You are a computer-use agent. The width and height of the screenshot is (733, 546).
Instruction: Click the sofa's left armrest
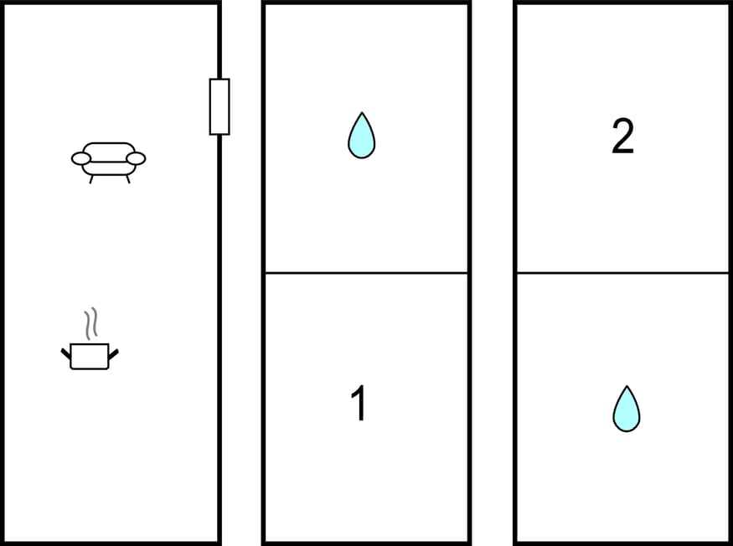click(x=81, y=159)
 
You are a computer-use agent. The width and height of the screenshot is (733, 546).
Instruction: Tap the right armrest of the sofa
click(x=136, y=159)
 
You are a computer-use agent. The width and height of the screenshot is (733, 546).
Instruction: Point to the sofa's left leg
click(x=91, y=179)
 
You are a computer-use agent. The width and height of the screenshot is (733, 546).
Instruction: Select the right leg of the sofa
click(x=128, y=179)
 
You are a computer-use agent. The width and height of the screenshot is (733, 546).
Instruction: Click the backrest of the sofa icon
click(x=109, y=147)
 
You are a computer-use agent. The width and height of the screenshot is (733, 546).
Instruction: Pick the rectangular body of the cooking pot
click(x=90, y=357)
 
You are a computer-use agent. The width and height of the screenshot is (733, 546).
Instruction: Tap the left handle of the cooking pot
click(x=65, y=353)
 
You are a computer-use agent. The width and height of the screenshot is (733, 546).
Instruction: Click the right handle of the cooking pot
click(x=114, y=354)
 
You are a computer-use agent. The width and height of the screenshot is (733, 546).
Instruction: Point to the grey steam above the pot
click(x=90, y=323)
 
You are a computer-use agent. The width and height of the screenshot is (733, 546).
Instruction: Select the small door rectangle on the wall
click(x=219, y=107)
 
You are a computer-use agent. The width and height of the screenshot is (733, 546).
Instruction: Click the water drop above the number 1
click(x=361, y=136)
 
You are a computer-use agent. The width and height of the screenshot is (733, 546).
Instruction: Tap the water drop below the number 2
click(x=627, y=409)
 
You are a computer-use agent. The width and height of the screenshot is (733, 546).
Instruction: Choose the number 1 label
click(x=359, y=403)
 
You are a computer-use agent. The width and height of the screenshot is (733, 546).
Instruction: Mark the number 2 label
click(x=622, y=136)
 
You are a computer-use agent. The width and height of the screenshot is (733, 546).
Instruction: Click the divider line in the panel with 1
click(x=367, y=272)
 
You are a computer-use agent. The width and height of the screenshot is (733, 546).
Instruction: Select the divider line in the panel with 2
click(x=622, y=272)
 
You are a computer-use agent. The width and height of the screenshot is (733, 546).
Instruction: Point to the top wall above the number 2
click(x=622, y=3)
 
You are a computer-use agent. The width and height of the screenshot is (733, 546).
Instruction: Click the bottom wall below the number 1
click(x=367, y=543)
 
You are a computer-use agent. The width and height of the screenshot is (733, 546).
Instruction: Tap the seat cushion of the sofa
click(x=109, y=167)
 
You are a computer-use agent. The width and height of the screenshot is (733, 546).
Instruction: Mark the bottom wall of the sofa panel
click(x=111, y=543)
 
